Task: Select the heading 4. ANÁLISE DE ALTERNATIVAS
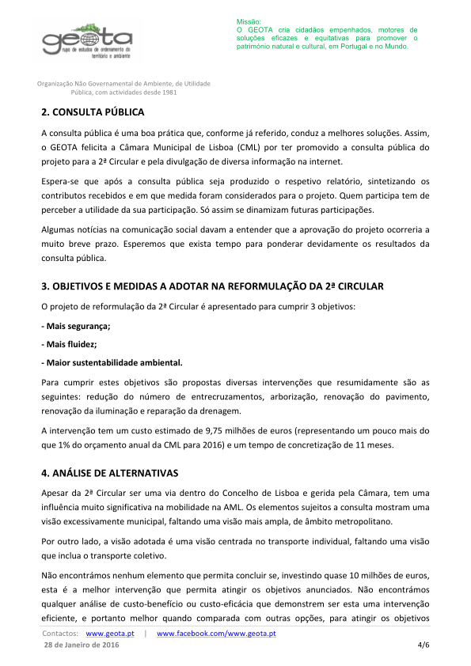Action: [110, 473]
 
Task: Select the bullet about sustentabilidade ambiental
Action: [112, 363]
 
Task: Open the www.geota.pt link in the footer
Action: [109, 634]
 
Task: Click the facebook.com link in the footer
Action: [216, 634]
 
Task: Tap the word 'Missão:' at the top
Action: [248, 21]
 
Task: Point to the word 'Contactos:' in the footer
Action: [60, 634]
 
